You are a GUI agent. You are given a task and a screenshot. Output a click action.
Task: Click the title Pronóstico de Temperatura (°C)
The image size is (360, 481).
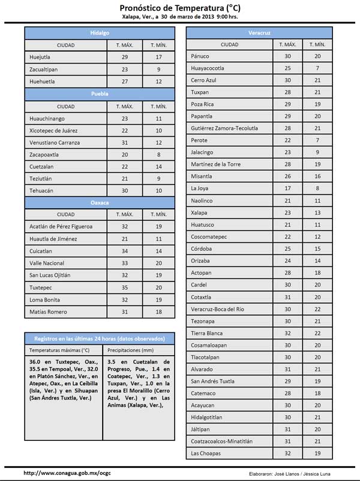(179, 7)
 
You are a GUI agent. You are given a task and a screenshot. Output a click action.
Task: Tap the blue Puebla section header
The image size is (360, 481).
(100, 94)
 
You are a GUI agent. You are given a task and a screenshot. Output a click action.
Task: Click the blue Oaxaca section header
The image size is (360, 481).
(100, 203)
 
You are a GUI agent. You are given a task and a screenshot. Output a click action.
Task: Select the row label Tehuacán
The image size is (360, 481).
(42, 191)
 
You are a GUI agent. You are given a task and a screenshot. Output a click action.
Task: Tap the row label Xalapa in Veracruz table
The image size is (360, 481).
(199, 212)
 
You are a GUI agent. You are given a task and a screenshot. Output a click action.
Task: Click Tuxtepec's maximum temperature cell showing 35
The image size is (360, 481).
(125, 288)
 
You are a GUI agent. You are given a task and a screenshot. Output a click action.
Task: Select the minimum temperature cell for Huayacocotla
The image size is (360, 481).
(317, 68)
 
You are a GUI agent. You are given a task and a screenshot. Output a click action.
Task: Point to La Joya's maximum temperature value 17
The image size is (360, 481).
(287, 188)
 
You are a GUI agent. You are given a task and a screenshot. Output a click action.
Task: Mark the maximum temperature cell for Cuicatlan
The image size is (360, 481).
(125, 251)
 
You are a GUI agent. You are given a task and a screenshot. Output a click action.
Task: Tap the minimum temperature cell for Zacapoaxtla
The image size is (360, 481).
(158, 154)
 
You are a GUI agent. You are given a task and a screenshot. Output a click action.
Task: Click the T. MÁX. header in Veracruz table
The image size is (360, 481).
(287, 44)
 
